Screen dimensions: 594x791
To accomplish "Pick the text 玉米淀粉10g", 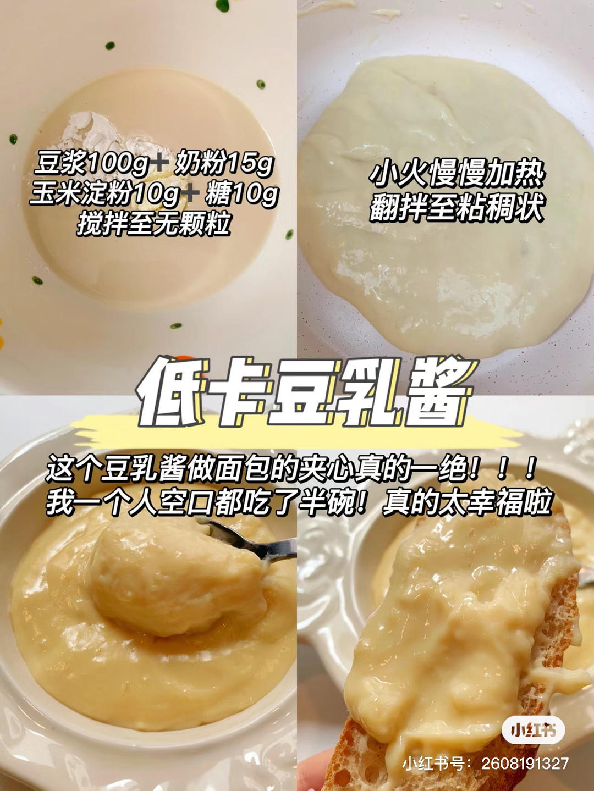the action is [x=104, y=194].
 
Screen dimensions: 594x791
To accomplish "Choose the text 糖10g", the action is [x=241, y=194].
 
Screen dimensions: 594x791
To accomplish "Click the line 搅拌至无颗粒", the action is [x=153, y=224].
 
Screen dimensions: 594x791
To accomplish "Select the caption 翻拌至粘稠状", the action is [x=457, y=209].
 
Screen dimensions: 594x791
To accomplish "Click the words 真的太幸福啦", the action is [x=467, y=501].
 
